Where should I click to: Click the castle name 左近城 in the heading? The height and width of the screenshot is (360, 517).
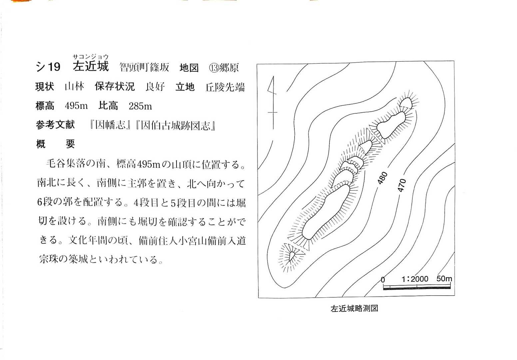point(91,66)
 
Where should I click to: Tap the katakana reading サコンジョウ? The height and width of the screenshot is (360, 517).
point(91,57)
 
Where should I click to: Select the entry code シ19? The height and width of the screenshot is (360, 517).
point(48,67)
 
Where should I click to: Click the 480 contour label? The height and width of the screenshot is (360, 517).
point(382,178)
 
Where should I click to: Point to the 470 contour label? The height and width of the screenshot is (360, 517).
point(402,185)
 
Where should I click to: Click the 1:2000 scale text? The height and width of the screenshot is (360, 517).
point(415,279)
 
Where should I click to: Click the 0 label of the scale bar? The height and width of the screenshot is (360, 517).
point(383,280)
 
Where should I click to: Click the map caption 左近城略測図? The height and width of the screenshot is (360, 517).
point(354,309)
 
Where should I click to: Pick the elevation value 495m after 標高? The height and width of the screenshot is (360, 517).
point(76,106)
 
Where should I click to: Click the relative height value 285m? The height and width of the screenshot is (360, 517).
point(140,106)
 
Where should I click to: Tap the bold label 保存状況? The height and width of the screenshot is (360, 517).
point(115,86)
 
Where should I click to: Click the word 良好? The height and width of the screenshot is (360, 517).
point(155,87)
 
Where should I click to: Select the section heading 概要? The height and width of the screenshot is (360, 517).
point(56,144)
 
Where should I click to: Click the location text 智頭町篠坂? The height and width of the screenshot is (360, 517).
point(145,67)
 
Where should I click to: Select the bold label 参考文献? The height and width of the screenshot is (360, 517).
point(55,125)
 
